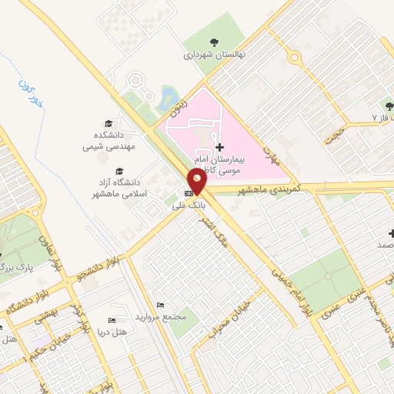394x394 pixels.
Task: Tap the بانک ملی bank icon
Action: [189, 194]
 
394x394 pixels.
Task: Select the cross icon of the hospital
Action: [219, 147]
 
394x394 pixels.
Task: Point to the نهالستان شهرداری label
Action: [212, 55]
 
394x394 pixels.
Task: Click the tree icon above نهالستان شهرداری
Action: [213, 42]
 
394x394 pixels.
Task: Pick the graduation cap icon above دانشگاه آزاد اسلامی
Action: [119, 171]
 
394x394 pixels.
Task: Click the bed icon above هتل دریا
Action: [112, 320]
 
